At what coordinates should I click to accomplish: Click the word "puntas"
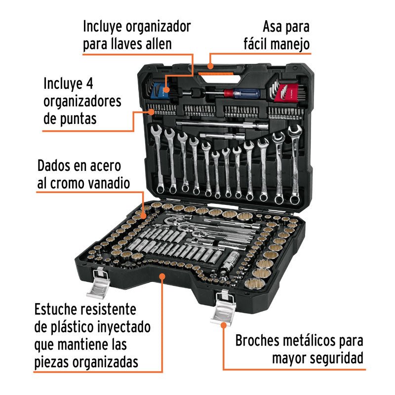77,119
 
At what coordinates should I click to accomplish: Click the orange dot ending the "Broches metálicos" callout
223,325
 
